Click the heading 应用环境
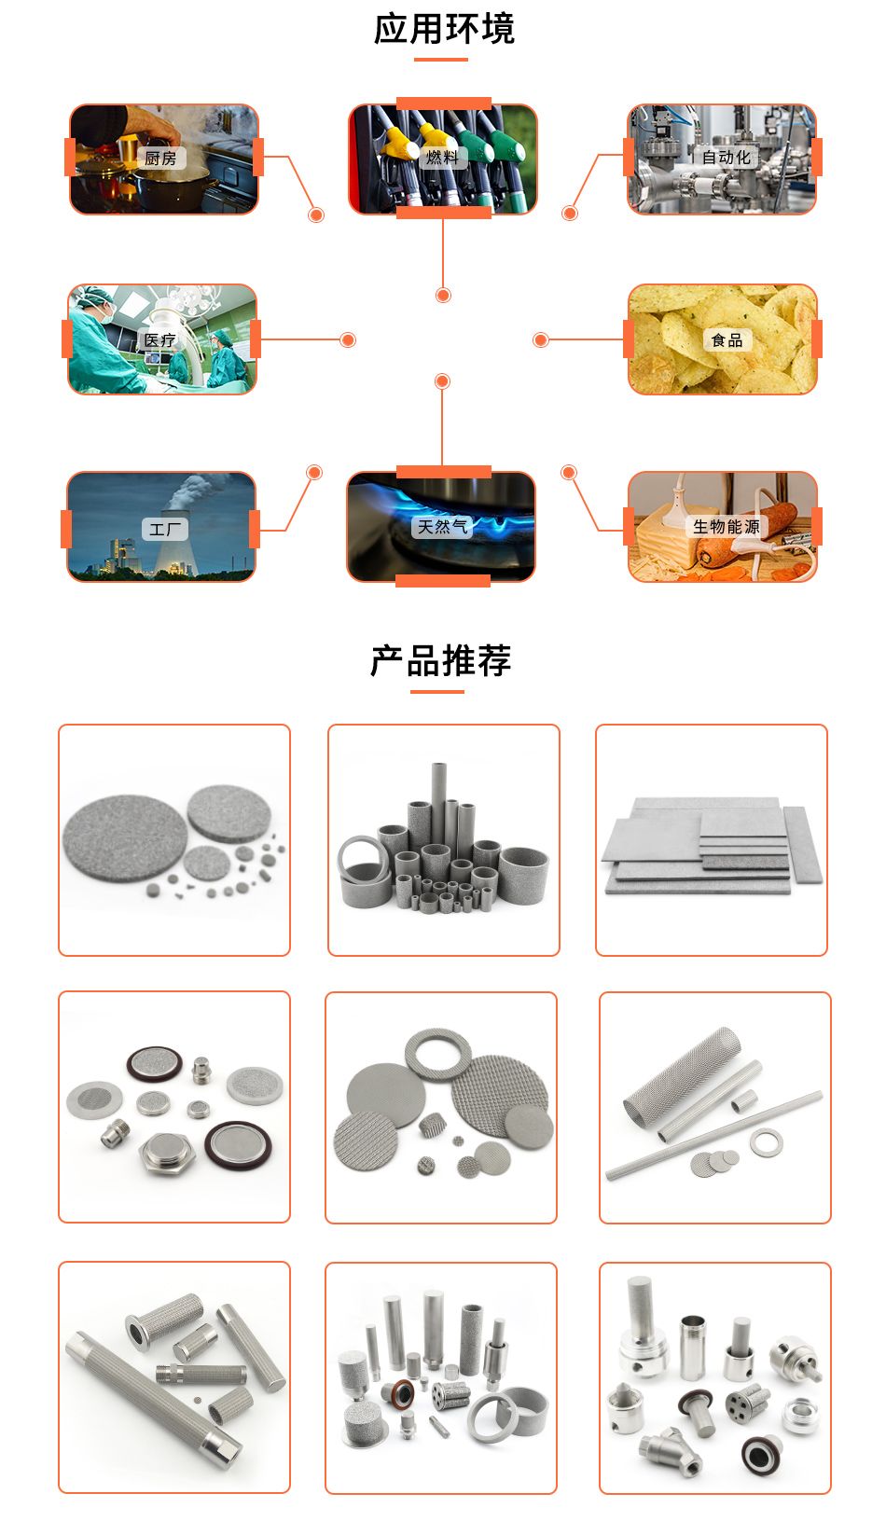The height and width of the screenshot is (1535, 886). coord(444,29)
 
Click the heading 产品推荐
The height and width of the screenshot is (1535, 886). coord(440,661)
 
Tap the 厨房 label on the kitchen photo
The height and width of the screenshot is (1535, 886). coord(160,159)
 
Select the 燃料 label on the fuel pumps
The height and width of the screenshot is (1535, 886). coord(442,157)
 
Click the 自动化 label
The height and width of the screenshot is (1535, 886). coord(726,158)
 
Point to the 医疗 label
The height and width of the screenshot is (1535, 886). coord(159,340)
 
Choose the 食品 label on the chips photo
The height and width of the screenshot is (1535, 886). coord(727,340)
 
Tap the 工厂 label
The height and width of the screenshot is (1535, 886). coord(165,530)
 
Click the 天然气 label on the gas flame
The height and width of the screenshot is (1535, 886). coord(442,527)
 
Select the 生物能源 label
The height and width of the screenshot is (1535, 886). coord(726,527)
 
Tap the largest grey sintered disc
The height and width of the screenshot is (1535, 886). coord(124,838)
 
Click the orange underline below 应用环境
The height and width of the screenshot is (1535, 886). coord(440,60)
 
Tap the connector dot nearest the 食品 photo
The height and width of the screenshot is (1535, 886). coord(540,340)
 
